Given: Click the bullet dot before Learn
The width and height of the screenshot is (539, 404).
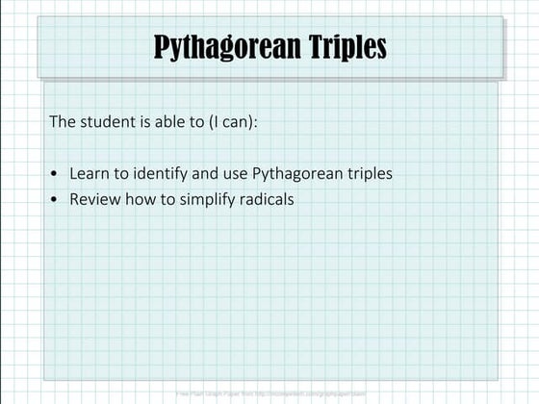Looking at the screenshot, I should click(56, 174).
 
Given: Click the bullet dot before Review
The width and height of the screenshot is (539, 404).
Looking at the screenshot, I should click(56, 199).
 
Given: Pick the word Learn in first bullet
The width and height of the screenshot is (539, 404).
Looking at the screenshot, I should click(88, 174).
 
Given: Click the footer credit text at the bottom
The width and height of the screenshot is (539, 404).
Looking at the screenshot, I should click(270, 393).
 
